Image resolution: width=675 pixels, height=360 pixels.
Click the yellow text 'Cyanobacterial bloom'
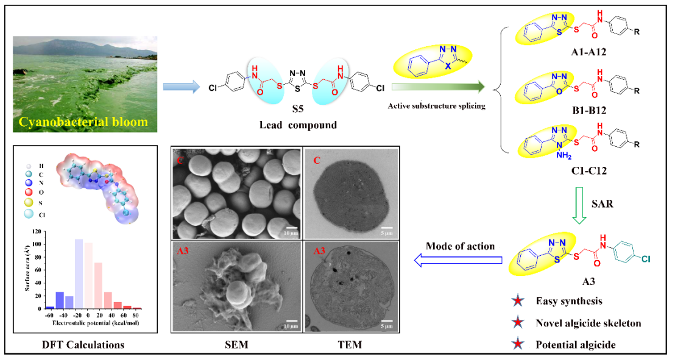83,121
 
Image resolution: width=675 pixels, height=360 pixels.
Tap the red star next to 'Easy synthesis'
517,302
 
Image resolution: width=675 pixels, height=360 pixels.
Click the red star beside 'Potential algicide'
517,344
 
